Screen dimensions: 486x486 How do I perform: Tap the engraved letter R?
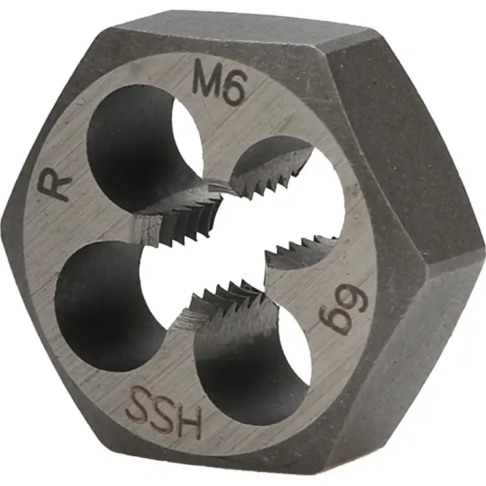[55, 187]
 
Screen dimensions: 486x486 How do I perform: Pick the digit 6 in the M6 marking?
[231, 91]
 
